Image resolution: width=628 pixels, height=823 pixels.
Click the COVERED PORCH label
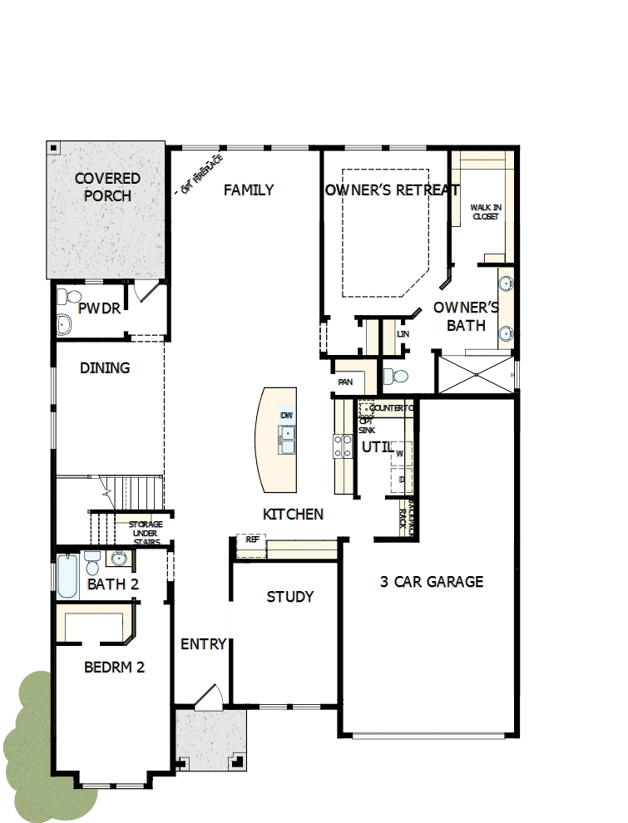[x=107, y=187]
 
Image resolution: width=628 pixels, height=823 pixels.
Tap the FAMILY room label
[x=249, y=190]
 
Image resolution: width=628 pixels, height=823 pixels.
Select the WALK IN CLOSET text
[x=486, y=211]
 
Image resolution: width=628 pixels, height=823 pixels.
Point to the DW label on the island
[x=287, y=415]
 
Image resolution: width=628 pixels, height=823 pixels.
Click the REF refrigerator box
[x=252, y=540]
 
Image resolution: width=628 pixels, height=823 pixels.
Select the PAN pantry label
[x=346, y=382]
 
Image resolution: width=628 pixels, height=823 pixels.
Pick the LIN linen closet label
[x=403, y=334]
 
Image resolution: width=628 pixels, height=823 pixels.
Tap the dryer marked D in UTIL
[x=401, y=480]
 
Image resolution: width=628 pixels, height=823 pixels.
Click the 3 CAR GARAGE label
[x=431, y=581]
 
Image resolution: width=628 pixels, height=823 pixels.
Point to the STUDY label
[x=290, y=596]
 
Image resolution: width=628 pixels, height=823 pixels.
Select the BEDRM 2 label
[x=115, y=667]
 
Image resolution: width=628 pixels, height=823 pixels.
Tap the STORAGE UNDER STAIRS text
[x=146, y=533]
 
